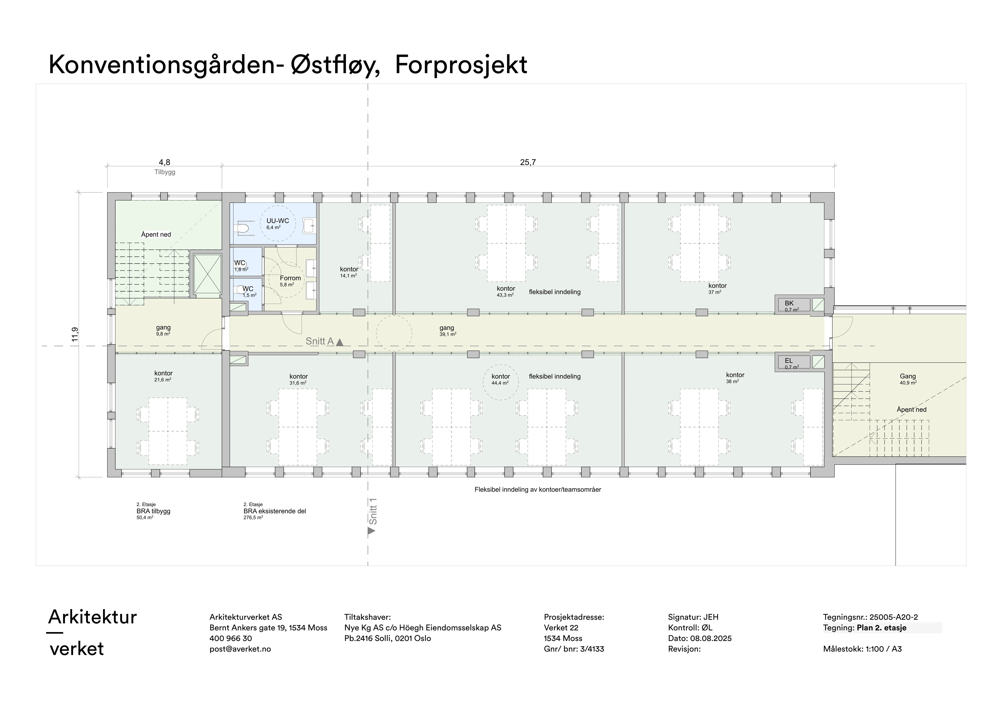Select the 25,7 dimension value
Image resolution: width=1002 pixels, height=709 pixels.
tap(528, 162)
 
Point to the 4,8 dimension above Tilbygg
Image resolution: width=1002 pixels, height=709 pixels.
tap(165, 162)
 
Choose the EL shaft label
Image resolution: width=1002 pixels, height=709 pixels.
tap(789, 361)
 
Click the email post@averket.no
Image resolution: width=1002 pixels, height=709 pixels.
tap(240, 649)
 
